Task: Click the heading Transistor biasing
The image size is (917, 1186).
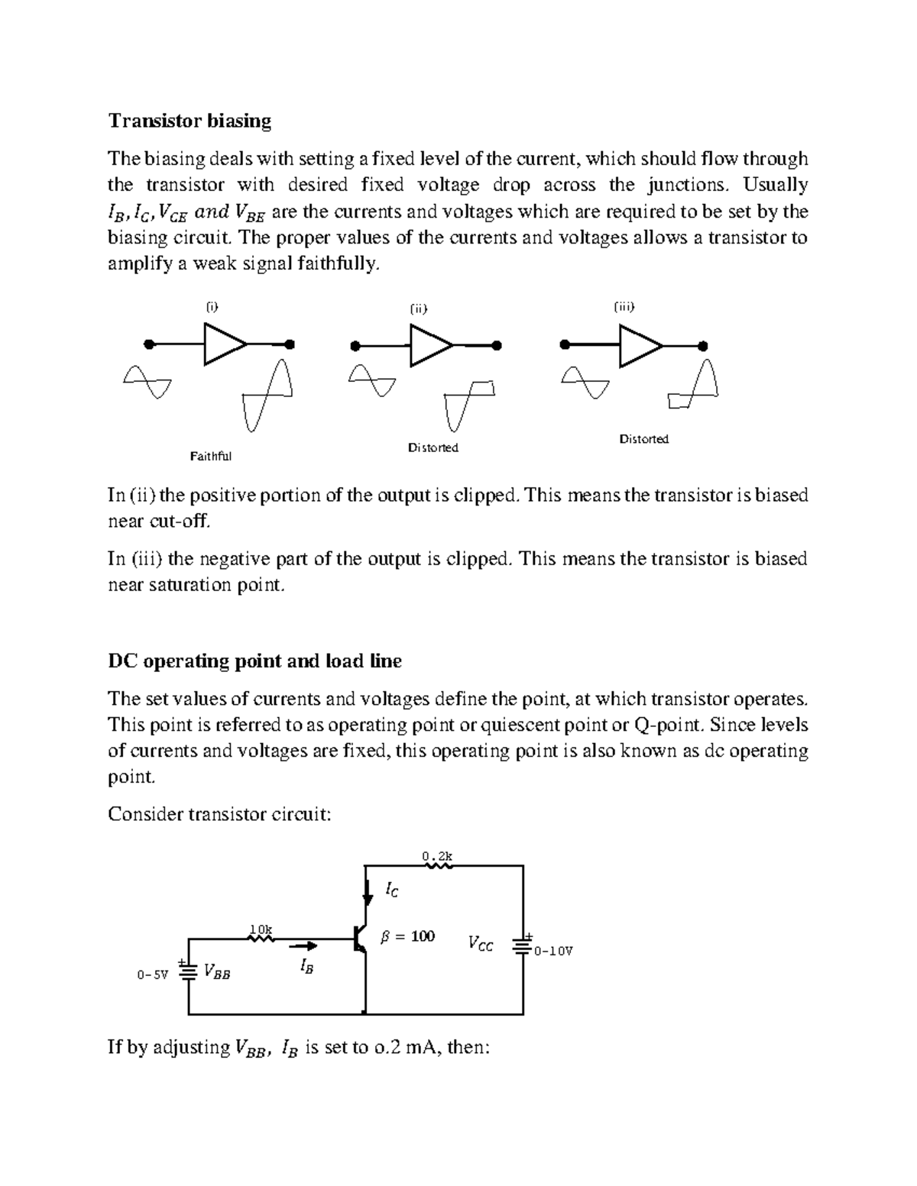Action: point(190,121)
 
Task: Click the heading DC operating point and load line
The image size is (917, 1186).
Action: point(254,661)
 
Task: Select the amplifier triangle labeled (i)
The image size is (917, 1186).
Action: point(224,344)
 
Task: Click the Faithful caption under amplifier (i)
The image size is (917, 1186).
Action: point(210,457)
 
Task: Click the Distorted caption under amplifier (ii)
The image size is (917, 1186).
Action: point(433,448)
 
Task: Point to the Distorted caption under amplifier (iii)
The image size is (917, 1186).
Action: point(643,439)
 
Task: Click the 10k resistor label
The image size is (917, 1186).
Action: point(261,929)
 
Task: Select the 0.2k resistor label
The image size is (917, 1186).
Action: point(437,857)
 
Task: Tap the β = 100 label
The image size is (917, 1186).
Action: point(407,936)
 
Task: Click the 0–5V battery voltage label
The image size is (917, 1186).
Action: point(152,975)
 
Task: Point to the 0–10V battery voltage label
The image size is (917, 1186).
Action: point(553,952)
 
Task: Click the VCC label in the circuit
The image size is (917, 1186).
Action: point(481,945)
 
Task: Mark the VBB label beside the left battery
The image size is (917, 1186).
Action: point(216,972)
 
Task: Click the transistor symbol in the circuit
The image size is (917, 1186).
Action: point(361,941)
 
